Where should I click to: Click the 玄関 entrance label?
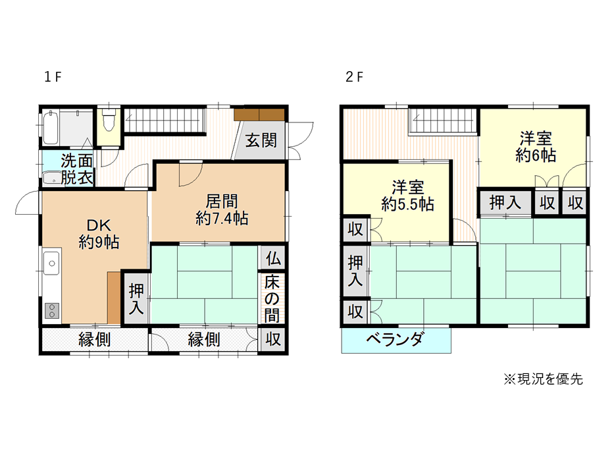(x=261, y=140)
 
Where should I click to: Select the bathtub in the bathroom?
(x=51, y=128)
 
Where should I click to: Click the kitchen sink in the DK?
(x=51, y=263)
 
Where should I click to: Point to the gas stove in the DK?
(x=52, y=310)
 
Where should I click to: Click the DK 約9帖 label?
(x=99, y=234)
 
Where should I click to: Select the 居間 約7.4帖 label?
(x=222, y=209)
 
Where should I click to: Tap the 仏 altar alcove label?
(x=273, y=259)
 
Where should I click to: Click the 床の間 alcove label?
(x=272, y=299)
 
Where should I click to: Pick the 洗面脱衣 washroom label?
(x=77, y=169)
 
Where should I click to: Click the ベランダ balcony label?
(x=395, y=339)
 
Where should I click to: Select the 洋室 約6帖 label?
(x=536, y=147)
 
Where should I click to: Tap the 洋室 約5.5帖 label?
(x=407, y=196)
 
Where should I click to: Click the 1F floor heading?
(x=53, y=77)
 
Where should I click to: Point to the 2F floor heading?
(x=354, y=77)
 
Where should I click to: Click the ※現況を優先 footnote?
(x=543, y=379)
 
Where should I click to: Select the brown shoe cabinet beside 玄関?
(x=259, y=115)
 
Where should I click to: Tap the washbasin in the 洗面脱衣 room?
(x=51, y=178)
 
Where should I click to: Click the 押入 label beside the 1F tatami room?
(x=136, y=299)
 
